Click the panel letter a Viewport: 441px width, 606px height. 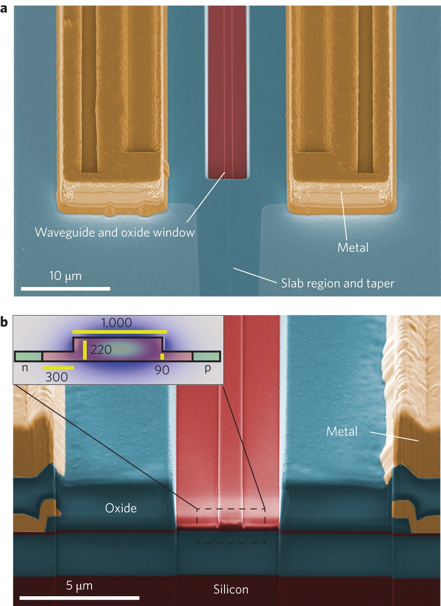tap(4, 8)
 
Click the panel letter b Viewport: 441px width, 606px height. tap(4, 321)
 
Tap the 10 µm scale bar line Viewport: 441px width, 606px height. tap(65, 289)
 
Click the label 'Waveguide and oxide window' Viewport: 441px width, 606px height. tap(115, 232)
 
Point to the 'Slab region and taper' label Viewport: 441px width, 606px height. tap(337, 283)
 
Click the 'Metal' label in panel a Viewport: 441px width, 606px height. tap(353, 247)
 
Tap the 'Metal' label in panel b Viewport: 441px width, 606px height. tap(341, 431)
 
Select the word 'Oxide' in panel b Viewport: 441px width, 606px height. tap(120, 508)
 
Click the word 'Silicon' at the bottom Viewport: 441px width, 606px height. tap(231, 590)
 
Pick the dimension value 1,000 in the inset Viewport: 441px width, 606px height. tap(116, 323)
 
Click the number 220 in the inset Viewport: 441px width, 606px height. tap(101, 350)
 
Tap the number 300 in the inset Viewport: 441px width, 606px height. tap(57, 377)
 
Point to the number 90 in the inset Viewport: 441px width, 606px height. tap(162, 370)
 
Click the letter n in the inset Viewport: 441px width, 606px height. tap(25, 368)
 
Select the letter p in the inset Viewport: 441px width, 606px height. tap(207, 368)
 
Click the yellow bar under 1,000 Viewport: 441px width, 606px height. tap(120, 332)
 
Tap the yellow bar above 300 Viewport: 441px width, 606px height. tap(58, 368)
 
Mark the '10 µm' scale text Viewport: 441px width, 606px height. tap(65, 276)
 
